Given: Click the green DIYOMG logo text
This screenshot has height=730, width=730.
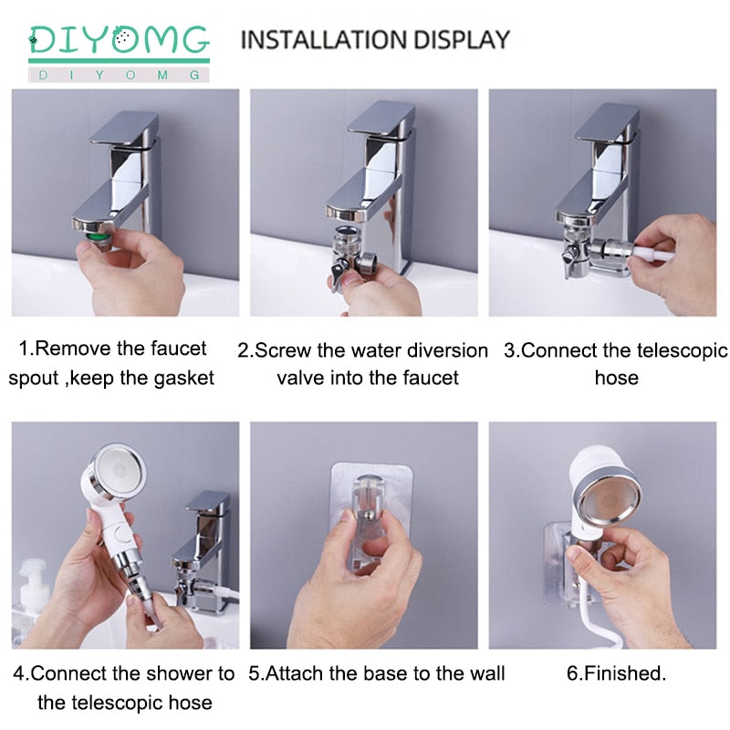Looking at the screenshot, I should coord(119,40).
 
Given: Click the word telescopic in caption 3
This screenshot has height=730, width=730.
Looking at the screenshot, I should coord(680,350).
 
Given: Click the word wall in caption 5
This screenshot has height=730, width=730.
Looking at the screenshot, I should coord(484,674).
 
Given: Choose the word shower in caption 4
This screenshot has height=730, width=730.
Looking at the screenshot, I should coord(179,674).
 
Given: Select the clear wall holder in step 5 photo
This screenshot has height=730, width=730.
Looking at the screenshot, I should coord(364,511).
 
